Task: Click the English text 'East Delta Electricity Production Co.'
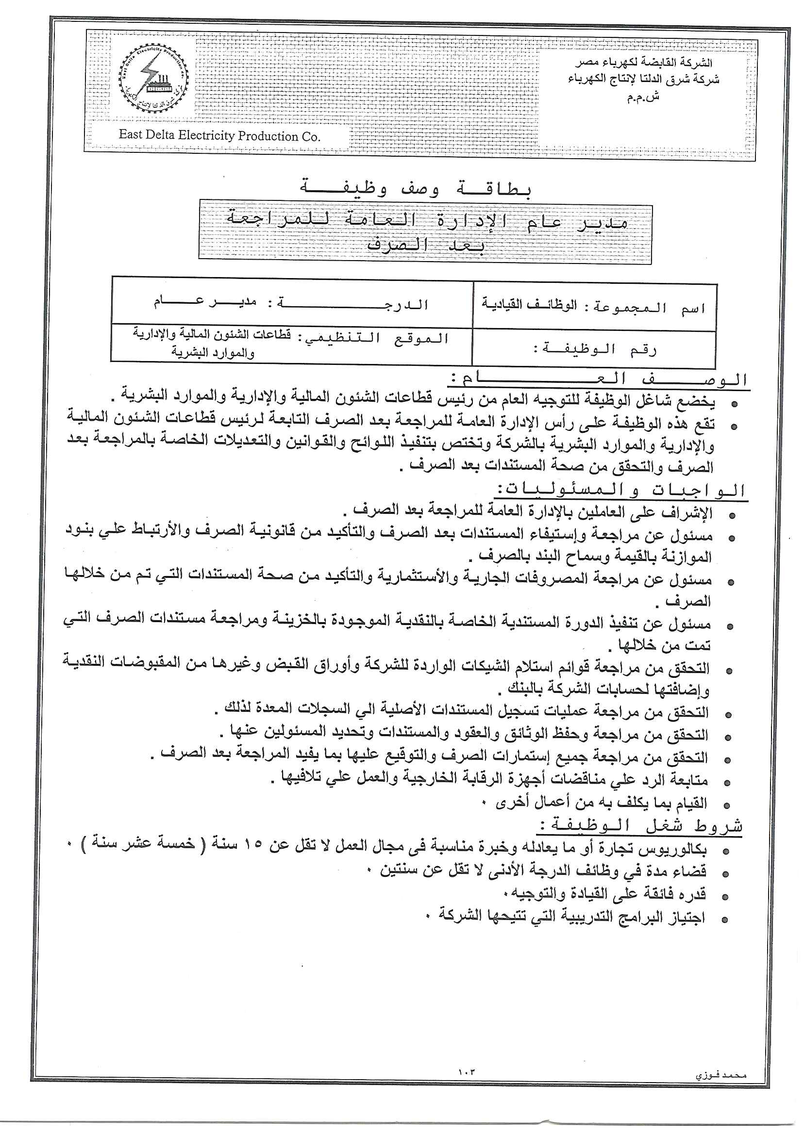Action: pyautogui.click(x=220, y=135)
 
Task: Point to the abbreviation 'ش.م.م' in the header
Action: pyautogui.click(x=643, y=98)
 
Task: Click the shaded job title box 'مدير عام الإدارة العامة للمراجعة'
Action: pyautogui.click(x=425, y=231)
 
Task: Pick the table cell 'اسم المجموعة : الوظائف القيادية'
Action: pyautogui.click(x=594, y=307)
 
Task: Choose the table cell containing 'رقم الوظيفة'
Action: pyautogui.click(x=594, y=349)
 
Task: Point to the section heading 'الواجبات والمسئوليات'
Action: pyautogui.click(x=621, y=490)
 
